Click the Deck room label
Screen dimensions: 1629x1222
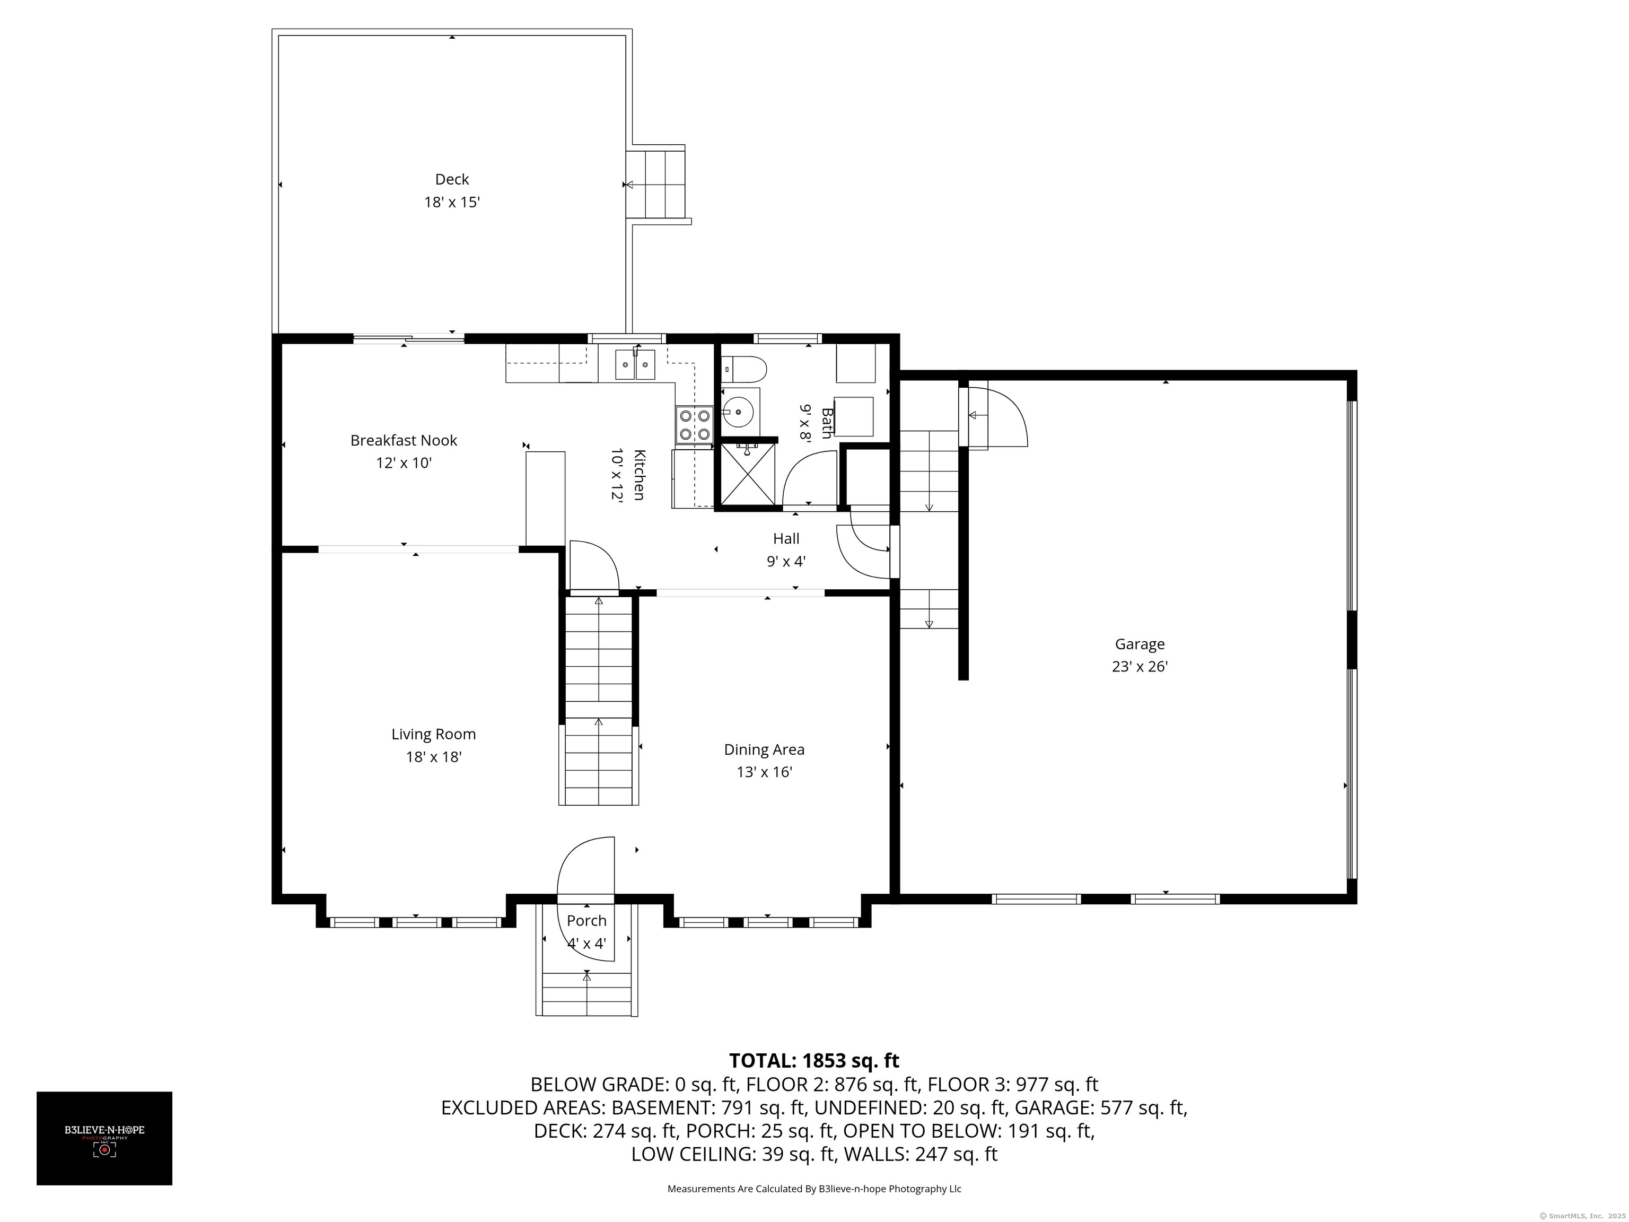[x=451, y=179]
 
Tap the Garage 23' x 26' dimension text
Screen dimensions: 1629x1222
[x=1139, y=667]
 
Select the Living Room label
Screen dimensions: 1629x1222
[x=433, y=735]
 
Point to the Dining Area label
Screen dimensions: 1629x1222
[x=764, y=750]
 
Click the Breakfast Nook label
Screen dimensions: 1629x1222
[x=404, y=440]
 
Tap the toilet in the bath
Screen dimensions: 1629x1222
[x=744, y=368]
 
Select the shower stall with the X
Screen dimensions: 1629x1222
[x=748, y=475]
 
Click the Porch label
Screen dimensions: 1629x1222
[x=586, y=921]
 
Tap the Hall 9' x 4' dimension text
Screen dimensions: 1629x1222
[x=786, y=561]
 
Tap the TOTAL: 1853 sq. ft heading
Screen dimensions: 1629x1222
[x=814, y=1061]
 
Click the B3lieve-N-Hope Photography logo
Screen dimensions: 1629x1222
[x=104, y=1138]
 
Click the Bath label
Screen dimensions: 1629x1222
[x=826, y=423]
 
